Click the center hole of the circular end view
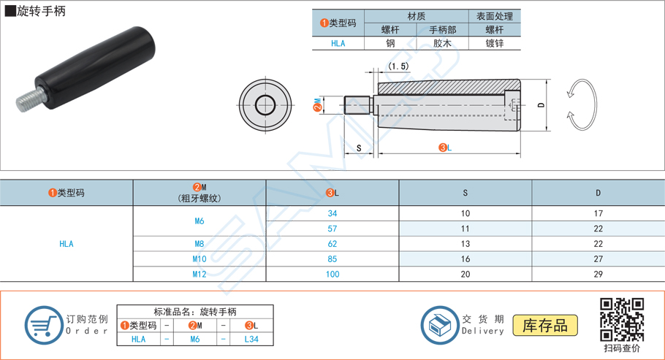click(264, 105)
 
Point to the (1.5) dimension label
click(398, 66)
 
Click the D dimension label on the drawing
click(541, 105)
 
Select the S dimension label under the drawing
click(359, 148)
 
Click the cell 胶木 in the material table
click(443, 43)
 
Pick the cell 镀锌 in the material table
click(495, 43)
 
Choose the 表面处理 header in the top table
click(495, 16)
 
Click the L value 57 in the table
click(332, 229)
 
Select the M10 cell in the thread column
click(199, 258)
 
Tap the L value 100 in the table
click(332, 274)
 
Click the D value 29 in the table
click(598, 274)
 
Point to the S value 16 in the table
click(465, 258)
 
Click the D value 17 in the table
click(598, 214)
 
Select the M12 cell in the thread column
click(199, 274)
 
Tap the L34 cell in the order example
click(251, 339)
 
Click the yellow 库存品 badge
click(545, 325)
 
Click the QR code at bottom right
click(621, 319)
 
